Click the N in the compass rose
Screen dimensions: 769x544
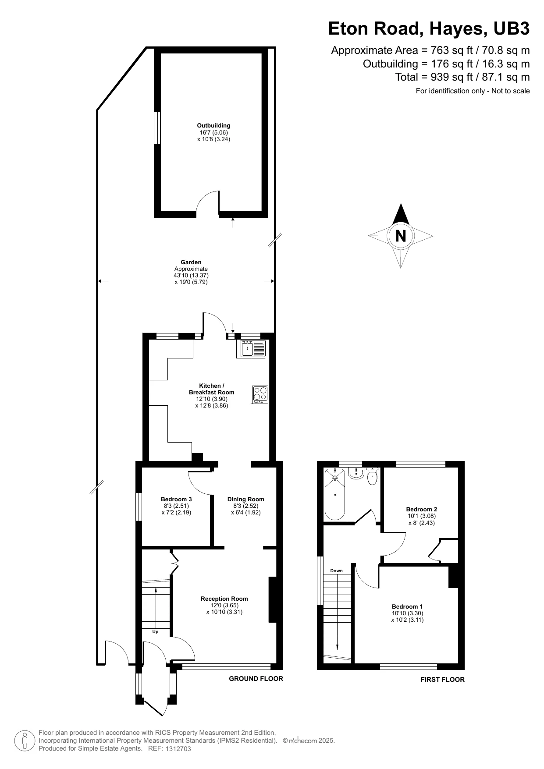pyautogui.click(x=400, y=236)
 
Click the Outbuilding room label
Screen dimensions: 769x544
pyautogui.click(x=213, y=126)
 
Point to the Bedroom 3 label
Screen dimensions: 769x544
pyautogui.click(x=176, y=499)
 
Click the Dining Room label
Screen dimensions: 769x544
pyautogui.click(x=245, y=499)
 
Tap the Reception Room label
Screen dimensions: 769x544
pyautogui.click(x=224, y=599)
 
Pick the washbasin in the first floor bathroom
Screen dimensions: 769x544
pyautogui.click(x=357, y=473)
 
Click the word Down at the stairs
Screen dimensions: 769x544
pyautogui.click(x=336, y=571)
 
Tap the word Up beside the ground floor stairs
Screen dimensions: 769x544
pyautogui.click(x=155, y=631)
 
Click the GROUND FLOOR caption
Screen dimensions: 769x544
pyautogui.click(x=256, y=678)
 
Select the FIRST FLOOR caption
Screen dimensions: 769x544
pyautogui.click(x=442, y=680)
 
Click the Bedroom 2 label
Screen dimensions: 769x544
pyautogui.click(x=421, y=509)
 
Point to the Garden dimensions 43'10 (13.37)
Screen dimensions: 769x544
pyautogui.click(x=191, y=276)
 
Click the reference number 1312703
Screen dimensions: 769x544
pyautogui.click(x=178, y=749)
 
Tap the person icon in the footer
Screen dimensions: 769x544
pyautogui.click(x=25, y=741)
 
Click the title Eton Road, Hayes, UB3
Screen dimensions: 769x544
pyautogui.click(x=429, y=29)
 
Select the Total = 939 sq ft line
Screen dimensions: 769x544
pyautogui.click(x=462, y=77)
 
